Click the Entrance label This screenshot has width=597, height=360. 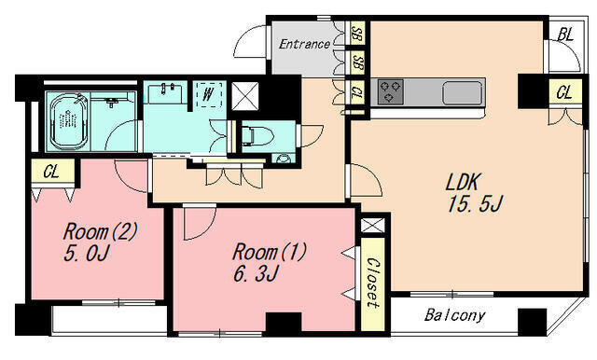coord(304,44)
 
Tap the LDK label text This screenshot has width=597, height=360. coord(463,182)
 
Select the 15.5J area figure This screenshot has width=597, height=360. coord(475,204)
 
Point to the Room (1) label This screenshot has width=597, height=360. coord(270,252)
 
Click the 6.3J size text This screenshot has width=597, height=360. coord(257,273)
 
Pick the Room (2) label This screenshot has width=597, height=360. coord(100,231)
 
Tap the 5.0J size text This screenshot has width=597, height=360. coord(87,253)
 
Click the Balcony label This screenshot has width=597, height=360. coord(455,315)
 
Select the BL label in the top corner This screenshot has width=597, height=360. coord(565,35)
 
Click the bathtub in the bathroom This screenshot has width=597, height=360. coord(69,122)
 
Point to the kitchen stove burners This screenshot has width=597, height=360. coord(390,91)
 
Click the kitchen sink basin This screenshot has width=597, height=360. coord(463,93)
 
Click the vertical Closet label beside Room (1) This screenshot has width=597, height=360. coord(372,283)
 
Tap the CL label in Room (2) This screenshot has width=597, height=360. coord(51,172)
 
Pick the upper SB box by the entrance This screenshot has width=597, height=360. coord(356,34)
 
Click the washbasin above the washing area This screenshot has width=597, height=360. coord(165,94)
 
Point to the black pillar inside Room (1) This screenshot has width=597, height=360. coord(284,322)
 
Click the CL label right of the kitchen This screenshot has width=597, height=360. coord(563,92)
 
